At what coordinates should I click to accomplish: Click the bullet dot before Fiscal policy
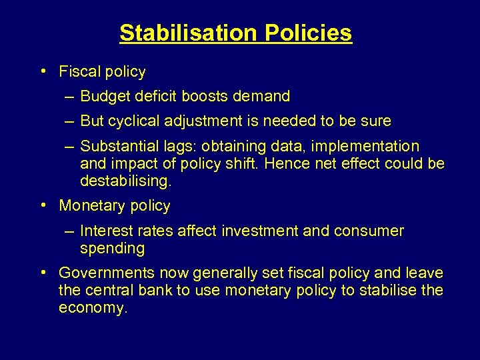[42, 70]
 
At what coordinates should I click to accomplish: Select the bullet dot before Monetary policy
[42, 205]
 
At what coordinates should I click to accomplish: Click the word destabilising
[124, 181]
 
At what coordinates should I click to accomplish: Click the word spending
[112, 249]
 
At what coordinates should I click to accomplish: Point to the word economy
[92, 308]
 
